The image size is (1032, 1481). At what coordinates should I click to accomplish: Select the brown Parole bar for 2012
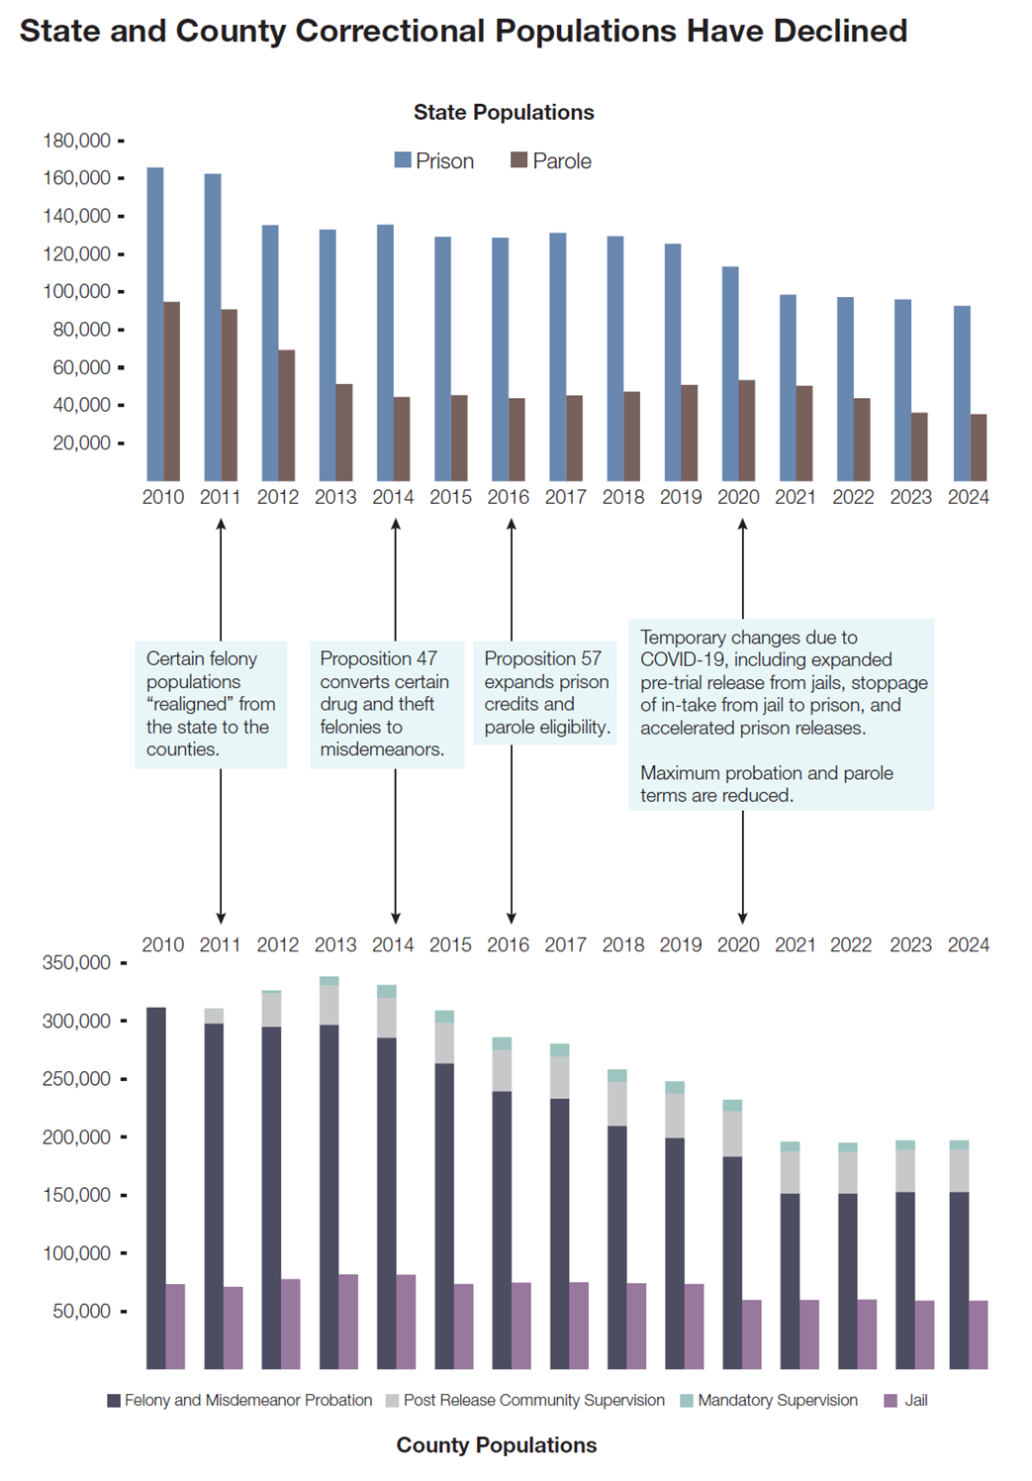click(287, 416)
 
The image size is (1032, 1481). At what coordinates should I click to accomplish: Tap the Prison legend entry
click(434, 160)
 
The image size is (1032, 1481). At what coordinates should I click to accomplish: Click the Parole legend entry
click(551, 160)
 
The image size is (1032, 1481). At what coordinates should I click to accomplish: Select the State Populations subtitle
click(504, 112)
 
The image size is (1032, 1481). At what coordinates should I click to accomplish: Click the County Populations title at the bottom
click(497, 1444)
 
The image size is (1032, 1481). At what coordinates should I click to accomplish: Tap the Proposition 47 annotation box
click(387, 704)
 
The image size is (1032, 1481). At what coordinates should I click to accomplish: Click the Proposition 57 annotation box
click(545, 692)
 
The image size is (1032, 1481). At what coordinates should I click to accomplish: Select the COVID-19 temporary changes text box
click(781, 715)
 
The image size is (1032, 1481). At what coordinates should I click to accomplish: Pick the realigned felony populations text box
click(211, 704)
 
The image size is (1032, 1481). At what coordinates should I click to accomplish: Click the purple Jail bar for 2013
click(348, 1322)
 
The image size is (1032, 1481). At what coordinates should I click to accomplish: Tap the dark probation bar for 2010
click(156, 1188)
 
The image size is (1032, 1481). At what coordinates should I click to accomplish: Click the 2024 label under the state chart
click(968, 497)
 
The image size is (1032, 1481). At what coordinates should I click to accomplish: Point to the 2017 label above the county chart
click(565, 944)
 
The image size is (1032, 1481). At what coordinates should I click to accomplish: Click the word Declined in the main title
click(840, 31)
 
